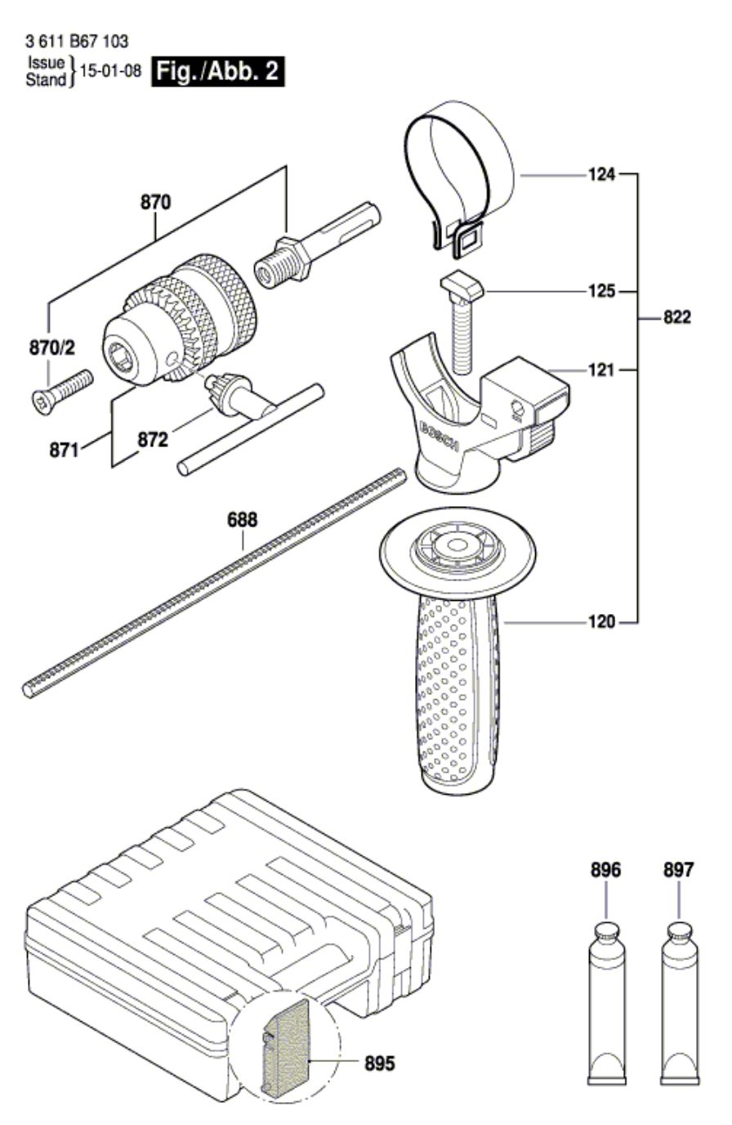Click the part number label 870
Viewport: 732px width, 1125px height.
tap(155, 202)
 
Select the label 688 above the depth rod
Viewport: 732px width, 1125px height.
tap(243, 520)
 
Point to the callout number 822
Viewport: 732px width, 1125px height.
tap(676, 317)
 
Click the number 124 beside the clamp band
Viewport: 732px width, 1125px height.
tap(601, 175)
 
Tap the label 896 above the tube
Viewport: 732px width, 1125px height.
tap(605, 869)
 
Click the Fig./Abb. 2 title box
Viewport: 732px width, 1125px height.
tap(218, 71)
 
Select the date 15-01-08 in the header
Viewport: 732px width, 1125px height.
tap(111, 71)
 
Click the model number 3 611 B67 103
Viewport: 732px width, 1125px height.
tap(77, 41)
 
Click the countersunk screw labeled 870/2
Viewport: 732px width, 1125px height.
tap(62, 392)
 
